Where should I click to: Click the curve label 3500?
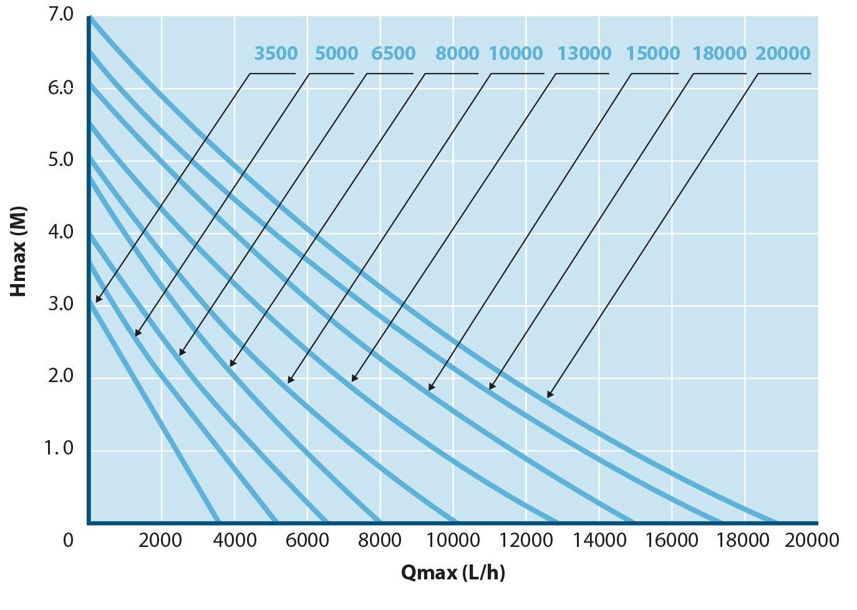tap(276, 53)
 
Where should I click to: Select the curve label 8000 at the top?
tap(457, 53)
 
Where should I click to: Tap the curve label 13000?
tap(584, 53)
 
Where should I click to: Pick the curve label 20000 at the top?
tap(783, 53)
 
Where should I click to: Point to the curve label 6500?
tap(394, 53)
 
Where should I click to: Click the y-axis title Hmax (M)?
tap(18, 252)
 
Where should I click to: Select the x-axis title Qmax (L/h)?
tap(453, 573)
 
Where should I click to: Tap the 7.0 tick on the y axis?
tap(61, 16)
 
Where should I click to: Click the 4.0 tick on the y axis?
tap(61, 232)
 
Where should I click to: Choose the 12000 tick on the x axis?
tap(526, 540)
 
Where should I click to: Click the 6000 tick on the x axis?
tap(307, 540)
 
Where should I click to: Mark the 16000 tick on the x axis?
tap(672, 540)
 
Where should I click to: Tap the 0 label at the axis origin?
tap(68, 540)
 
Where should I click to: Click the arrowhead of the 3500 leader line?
tap(99, 299)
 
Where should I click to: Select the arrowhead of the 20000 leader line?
tap(550, 395)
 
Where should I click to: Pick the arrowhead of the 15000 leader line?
tap(431, 387)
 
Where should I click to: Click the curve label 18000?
tap(720, 53)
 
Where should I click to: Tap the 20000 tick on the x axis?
tap(811, 540)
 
